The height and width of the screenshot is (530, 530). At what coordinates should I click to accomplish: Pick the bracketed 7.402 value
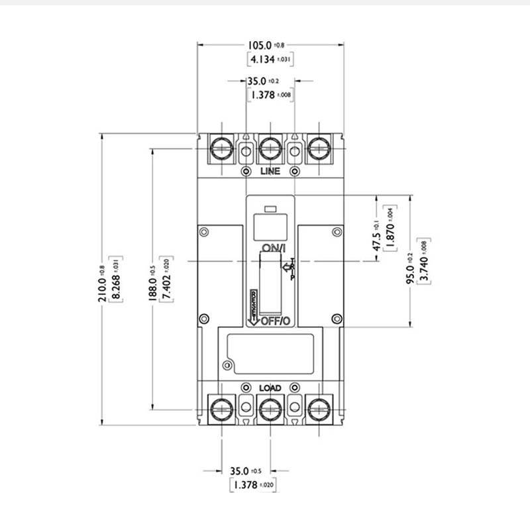168,278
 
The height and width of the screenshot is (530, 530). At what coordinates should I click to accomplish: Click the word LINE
270,172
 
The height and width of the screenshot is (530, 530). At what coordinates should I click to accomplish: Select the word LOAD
270,388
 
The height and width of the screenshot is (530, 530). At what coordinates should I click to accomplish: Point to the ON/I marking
273,248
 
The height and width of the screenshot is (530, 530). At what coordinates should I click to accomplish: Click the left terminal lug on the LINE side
220,148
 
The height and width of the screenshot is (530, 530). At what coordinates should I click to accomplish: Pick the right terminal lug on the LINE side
319,148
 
